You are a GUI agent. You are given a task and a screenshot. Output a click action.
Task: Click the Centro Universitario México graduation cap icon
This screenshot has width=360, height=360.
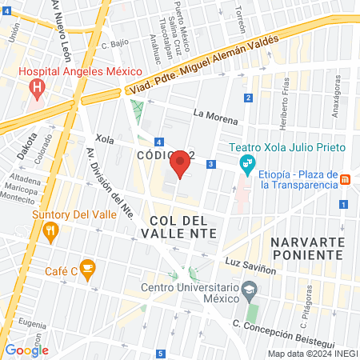coord(251,289)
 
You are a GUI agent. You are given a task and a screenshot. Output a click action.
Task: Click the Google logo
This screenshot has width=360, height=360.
coord(26,350)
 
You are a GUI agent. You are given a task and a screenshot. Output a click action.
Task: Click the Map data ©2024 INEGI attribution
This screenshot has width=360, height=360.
coord(311,354)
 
